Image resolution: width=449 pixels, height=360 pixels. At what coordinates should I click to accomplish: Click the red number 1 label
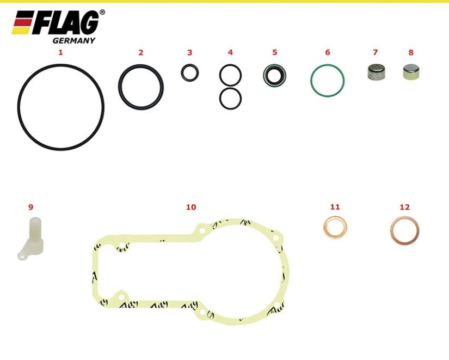pos(60,52)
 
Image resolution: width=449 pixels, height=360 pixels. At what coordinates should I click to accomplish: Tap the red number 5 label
pos(275,52)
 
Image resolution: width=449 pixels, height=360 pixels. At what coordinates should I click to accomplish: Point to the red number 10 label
pos(191,207)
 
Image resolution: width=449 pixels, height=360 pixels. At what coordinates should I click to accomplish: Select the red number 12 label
pos(404,207)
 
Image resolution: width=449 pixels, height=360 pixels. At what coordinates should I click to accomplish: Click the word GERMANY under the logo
pos(74,41)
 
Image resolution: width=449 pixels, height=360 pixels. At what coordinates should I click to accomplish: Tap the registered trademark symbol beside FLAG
pos(102,12)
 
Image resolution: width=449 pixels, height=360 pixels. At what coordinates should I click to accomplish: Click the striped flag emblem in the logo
pos(22,23)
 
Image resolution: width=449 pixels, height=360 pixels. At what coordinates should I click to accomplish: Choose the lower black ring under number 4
pos(230,89)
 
